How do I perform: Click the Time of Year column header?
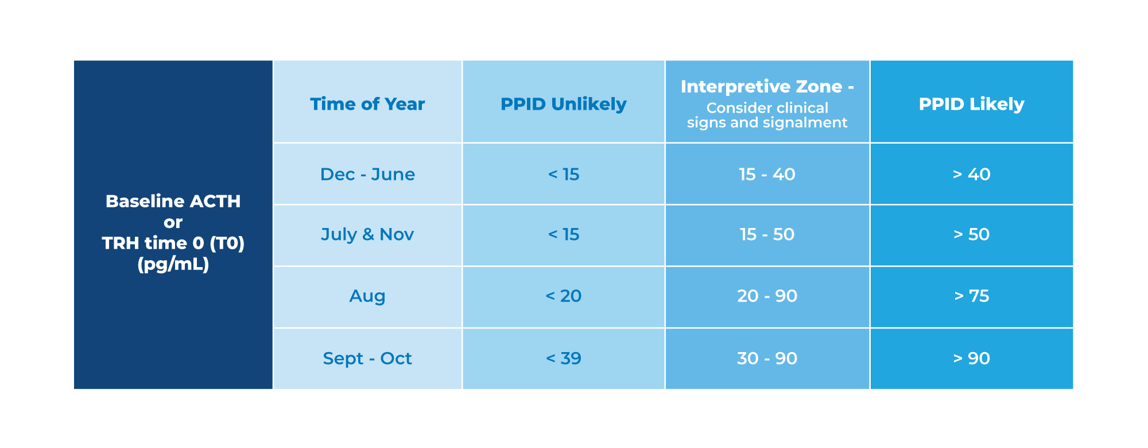(x=367, y=104)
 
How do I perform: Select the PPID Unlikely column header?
(x=563, y=104)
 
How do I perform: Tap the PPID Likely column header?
(x=971, y=104)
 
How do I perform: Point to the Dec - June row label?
(x=367, y=174)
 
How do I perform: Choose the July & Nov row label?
(x=367, y=234)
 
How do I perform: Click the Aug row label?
(x=367, y=296)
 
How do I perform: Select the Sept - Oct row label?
(x=367, y=358)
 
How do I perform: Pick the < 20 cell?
(x=563, y=296)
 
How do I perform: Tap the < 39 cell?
(x=563, y=358)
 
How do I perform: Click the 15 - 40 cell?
(x=767, y=174)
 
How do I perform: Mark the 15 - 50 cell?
(x=767, y=234)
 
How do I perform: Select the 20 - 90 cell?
(x=767, y=296)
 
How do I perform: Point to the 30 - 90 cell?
(x=767, y=358)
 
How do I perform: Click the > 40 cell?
(x=971, y=174)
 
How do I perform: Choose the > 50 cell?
(x=971, y=234)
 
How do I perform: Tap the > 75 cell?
(x=971, y=296)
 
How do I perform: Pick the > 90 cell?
(x=971, y=358)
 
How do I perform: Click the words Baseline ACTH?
(x=173, y=202)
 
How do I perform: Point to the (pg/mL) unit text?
(x=173, y=264)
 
